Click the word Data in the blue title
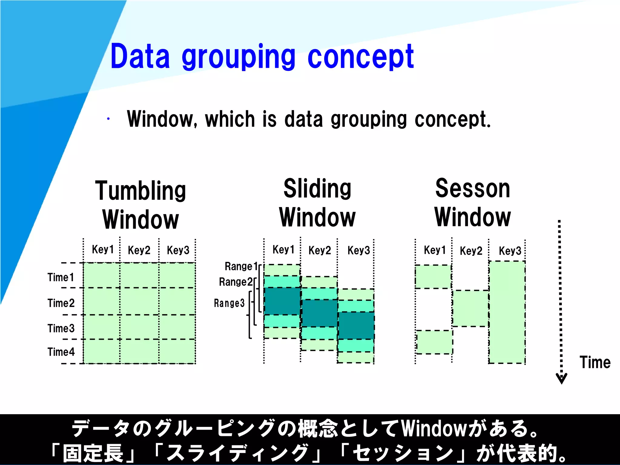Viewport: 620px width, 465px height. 140,57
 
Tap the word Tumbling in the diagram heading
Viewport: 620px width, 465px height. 140,191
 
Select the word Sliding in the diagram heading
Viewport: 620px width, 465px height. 317,189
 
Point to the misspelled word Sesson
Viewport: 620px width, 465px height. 473,189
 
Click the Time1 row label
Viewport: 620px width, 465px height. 61,277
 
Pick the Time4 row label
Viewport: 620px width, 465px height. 61,352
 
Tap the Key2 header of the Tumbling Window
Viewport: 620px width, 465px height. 139,250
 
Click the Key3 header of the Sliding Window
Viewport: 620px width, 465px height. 359,250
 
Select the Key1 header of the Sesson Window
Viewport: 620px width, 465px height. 435,250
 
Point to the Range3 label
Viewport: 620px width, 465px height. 229,303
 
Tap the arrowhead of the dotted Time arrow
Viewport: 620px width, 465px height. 561,378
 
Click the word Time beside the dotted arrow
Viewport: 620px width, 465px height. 595,362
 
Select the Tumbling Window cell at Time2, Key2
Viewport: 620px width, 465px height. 139,301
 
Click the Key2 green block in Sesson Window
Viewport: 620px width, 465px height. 471,308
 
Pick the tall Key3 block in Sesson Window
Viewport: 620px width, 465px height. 507,312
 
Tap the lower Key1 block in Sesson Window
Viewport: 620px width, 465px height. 434,342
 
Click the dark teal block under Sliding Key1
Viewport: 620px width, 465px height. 282,301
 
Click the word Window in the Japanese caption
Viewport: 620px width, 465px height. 434,429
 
